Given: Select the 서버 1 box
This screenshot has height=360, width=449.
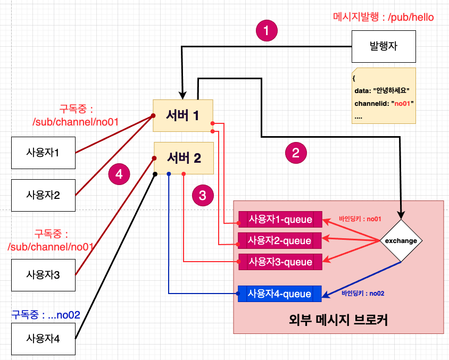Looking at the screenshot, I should (183, 115).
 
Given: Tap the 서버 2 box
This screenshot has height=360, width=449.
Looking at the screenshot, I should (184, 158).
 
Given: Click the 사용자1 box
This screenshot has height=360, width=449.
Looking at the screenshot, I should (43, 153).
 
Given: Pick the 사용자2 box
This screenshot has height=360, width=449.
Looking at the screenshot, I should (43, 195).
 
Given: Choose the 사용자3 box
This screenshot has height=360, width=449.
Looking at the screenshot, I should (43, 275).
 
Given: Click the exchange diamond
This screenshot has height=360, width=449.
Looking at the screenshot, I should (401, 241).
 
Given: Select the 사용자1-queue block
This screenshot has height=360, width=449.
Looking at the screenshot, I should (280, 219).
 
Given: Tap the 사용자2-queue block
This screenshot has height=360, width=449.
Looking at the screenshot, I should (280, 240).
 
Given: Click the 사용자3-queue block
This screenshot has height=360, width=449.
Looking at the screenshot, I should (280, 262).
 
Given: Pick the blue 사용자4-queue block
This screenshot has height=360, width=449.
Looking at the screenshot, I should (280, 293).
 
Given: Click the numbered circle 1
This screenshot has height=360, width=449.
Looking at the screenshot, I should (267, 31).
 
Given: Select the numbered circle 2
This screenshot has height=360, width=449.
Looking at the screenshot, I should (296, 154).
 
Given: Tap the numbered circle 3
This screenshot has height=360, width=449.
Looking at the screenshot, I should (202, 196).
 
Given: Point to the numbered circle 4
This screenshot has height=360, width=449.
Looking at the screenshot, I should (119, 174).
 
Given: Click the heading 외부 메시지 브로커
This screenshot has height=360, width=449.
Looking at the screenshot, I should (338, 321).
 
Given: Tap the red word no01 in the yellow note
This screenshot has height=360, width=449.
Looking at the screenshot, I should (402, 103).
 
